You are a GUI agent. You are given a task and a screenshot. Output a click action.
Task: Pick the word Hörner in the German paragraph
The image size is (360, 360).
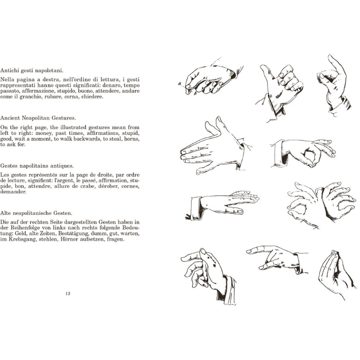click(69, 239)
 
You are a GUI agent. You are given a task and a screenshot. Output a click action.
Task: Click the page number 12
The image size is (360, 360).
click(68, 293)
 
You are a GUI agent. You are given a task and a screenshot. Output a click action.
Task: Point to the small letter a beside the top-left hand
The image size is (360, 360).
click(179, 84)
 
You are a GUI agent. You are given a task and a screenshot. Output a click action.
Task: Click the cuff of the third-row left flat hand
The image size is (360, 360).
click(195, 208)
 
